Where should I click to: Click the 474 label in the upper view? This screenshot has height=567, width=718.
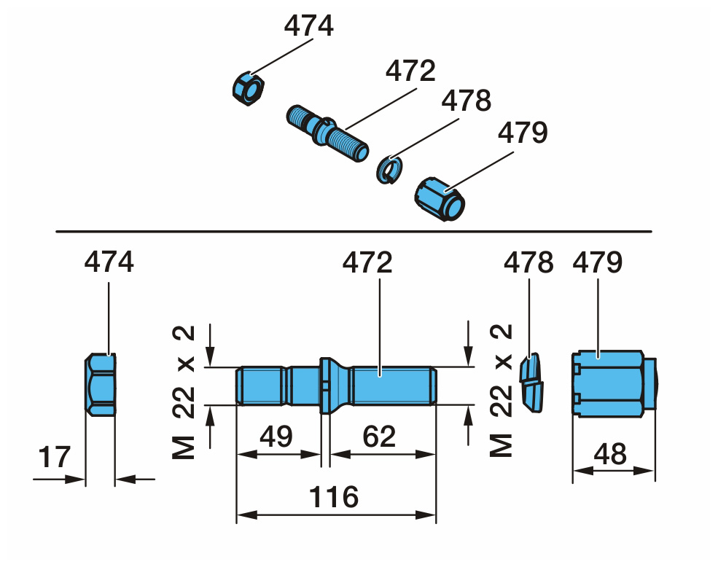308,26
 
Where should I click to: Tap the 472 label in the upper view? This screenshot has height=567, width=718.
410,71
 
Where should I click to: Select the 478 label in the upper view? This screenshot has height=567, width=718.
466,101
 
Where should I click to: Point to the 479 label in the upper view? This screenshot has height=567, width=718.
522,133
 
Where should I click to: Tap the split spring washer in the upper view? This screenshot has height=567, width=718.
389,170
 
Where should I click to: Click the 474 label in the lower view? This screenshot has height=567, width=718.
109,262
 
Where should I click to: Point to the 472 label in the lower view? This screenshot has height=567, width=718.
379,262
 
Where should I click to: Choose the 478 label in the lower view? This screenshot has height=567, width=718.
528,262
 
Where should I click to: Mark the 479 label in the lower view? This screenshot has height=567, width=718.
598,262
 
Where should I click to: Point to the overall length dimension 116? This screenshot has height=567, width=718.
335,497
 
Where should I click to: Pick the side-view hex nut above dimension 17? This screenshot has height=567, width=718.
101,385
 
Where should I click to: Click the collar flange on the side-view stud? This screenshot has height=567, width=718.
326,385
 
